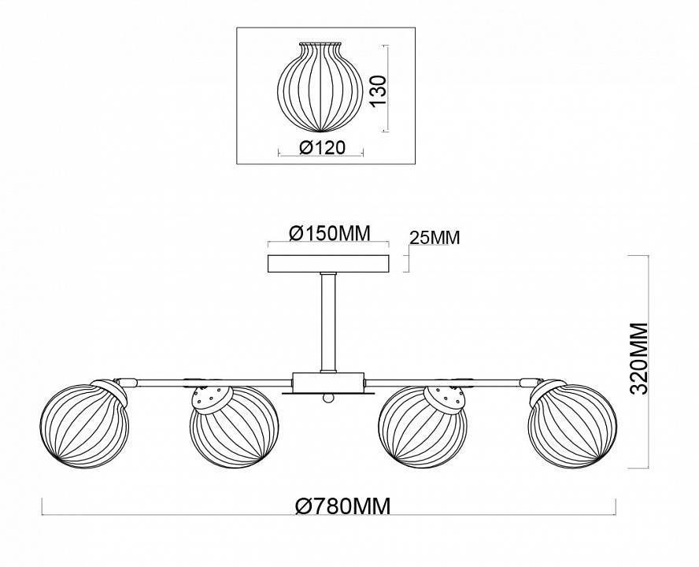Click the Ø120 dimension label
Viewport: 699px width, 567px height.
(x=321, y=147)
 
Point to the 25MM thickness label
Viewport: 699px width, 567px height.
(x=434, y=237)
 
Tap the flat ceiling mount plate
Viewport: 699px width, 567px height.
(x=329, y=263)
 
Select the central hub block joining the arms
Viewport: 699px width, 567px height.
(x=328, y=382)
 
